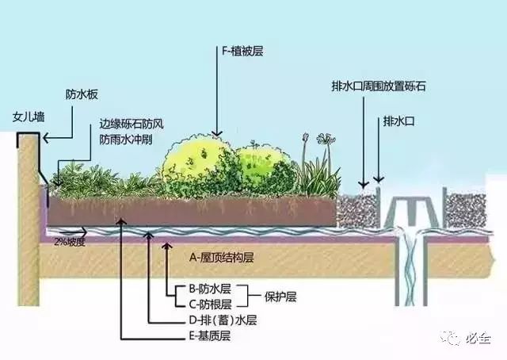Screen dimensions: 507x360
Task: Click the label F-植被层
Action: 242,52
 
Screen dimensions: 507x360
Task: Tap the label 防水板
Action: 82,94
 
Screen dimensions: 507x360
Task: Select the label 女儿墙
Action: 29,117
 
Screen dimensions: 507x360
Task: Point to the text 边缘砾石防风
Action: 132,124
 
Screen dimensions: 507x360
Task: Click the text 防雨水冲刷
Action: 126,140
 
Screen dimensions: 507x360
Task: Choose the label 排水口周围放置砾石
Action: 379,86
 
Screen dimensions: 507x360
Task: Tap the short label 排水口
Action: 398,121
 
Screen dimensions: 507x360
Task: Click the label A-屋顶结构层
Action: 222,258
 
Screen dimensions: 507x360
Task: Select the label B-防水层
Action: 210,289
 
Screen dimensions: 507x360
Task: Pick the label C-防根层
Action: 210,304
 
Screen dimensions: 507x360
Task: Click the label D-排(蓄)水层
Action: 223,320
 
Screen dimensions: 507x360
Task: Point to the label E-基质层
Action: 209,336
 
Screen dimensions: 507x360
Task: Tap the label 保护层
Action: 280,297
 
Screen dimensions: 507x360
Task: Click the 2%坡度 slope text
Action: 70,242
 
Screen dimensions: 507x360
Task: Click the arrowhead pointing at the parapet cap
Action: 47,138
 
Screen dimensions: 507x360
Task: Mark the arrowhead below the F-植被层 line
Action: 217,132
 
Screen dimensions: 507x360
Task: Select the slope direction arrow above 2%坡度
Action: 73,232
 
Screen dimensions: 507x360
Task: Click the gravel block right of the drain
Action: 466,210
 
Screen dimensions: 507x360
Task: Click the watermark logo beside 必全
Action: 451,339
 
